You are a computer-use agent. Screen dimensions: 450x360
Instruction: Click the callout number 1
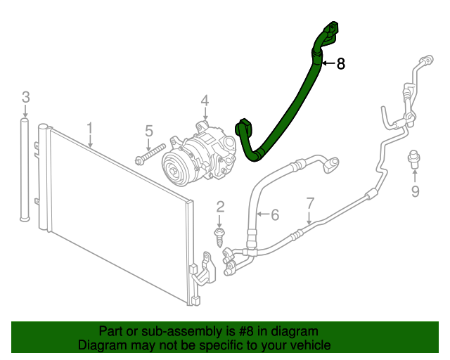click(x=90, y=129)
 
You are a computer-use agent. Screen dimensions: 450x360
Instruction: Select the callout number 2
click(x=220, y=206)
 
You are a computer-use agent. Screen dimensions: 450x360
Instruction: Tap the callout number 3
click(x=25, y=96)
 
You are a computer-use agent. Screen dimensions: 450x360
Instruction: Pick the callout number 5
click(x=149, y=130)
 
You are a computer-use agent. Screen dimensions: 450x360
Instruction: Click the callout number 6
click(x=275, y=214)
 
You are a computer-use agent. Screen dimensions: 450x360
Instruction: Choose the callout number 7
click(x=310, y=204)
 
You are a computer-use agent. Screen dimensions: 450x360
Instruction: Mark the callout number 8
click(x=341, y=65)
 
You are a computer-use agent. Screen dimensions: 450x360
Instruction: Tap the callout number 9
click(x=415, y=191)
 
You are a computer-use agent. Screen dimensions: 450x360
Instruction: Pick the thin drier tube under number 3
click(x=25, y=169)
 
